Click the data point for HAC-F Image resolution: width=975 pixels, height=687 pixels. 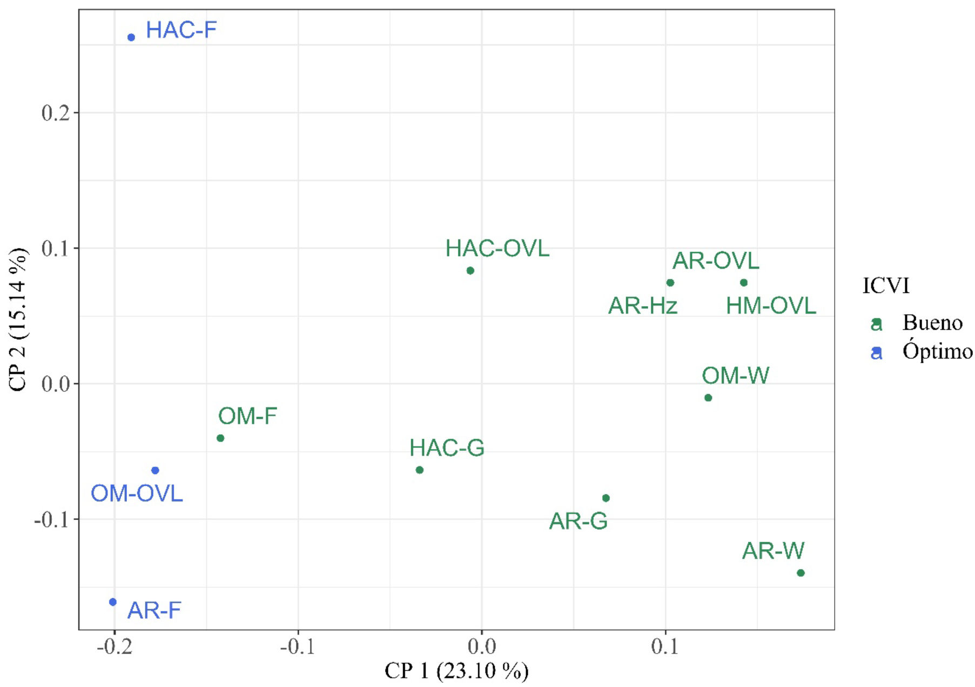pyautogui.click(x=131, y=37)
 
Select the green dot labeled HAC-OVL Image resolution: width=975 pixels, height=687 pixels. pyautogui.click(x=470, y=271)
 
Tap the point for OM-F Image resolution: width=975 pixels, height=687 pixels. pyautogui.click(x=220, y=438)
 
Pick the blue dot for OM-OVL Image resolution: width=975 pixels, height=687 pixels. pyautogui.click(x=156, y=470)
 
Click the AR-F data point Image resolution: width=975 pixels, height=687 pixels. pyautogui.click(x=113, y=602)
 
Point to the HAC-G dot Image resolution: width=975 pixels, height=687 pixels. pyautogui.click(x=420, y=470)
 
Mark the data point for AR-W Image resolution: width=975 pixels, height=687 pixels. pyautogui.click(x=801, y=573)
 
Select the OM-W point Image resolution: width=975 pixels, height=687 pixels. pyautogui.click(x=708, y=398)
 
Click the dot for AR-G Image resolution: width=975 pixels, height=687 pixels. pyautogui.click(x=606, y=498)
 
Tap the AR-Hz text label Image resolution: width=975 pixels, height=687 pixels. pyautogui.click(x=643, y=306)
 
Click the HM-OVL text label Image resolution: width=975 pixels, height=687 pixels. pyautogui.click(x=771, y=306)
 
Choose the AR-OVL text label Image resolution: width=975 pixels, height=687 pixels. pyautogui.click(x=716, y=261)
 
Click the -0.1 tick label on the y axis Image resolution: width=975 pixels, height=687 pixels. pyautogui.click(x=52, y=520)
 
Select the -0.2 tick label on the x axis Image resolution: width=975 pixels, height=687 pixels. pyautogui.click(x=115, y=647)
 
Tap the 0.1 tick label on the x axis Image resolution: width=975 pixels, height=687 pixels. pyautogui.click(x=665, y=647)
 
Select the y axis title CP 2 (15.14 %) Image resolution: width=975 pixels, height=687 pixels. pyautogui.click(x=18, y=319)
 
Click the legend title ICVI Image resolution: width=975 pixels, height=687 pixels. pyautogui.click(x=886, y=286)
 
